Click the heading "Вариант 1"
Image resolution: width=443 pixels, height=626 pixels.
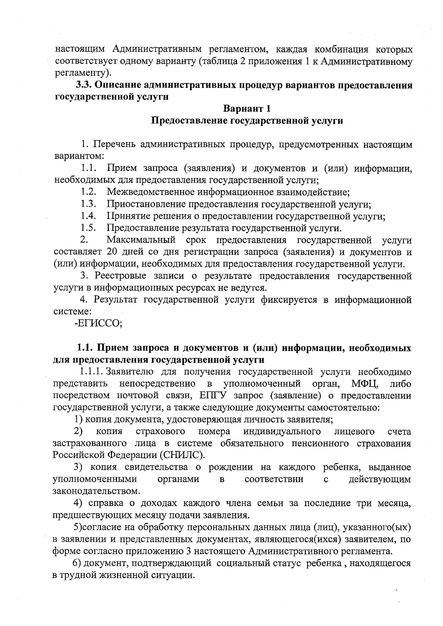(x=247, y=109)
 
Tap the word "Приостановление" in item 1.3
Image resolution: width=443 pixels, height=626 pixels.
(x=147, y=204)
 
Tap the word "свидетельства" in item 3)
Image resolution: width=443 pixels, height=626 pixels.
(x=156, y=467)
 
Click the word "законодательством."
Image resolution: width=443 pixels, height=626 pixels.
(x=96, y=491)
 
